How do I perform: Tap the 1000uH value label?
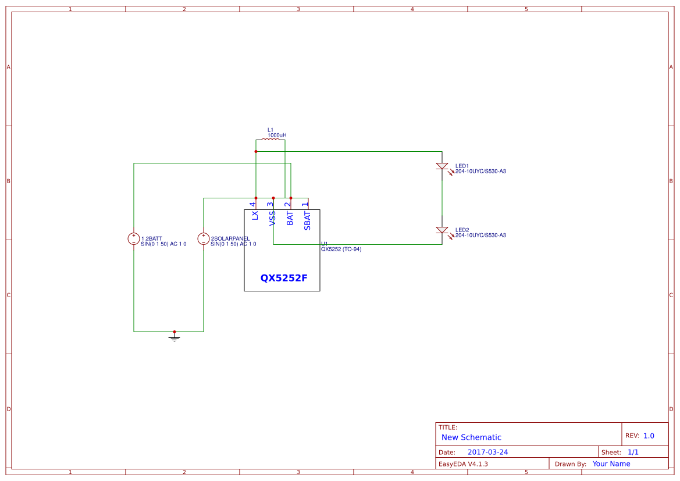tap(277, 135)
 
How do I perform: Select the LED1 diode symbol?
tap(442, 166)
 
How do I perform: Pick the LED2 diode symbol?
tap(442, 230)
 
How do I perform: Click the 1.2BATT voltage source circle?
tap(134, 238)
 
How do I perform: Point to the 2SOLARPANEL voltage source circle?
tap(204, 238)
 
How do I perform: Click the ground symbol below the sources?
tap(175, 337)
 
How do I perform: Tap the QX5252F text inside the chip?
tap(283, 278)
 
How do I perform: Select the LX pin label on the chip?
tap(255, 215)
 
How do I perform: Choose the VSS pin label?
tap(272, 218)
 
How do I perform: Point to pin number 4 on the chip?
tap(253, 204)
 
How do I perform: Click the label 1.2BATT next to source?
tap(152, 238)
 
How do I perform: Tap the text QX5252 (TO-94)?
tap(341, 249)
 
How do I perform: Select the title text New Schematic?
tap(471, 437)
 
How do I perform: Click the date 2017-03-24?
tap(487, 452)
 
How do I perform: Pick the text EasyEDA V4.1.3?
tap(463, 464)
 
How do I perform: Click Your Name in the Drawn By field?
tap(611, 464)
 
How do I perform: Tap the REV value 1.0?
tap(649, 436)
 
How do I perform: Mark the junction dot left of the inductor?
tap(256, 151)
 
